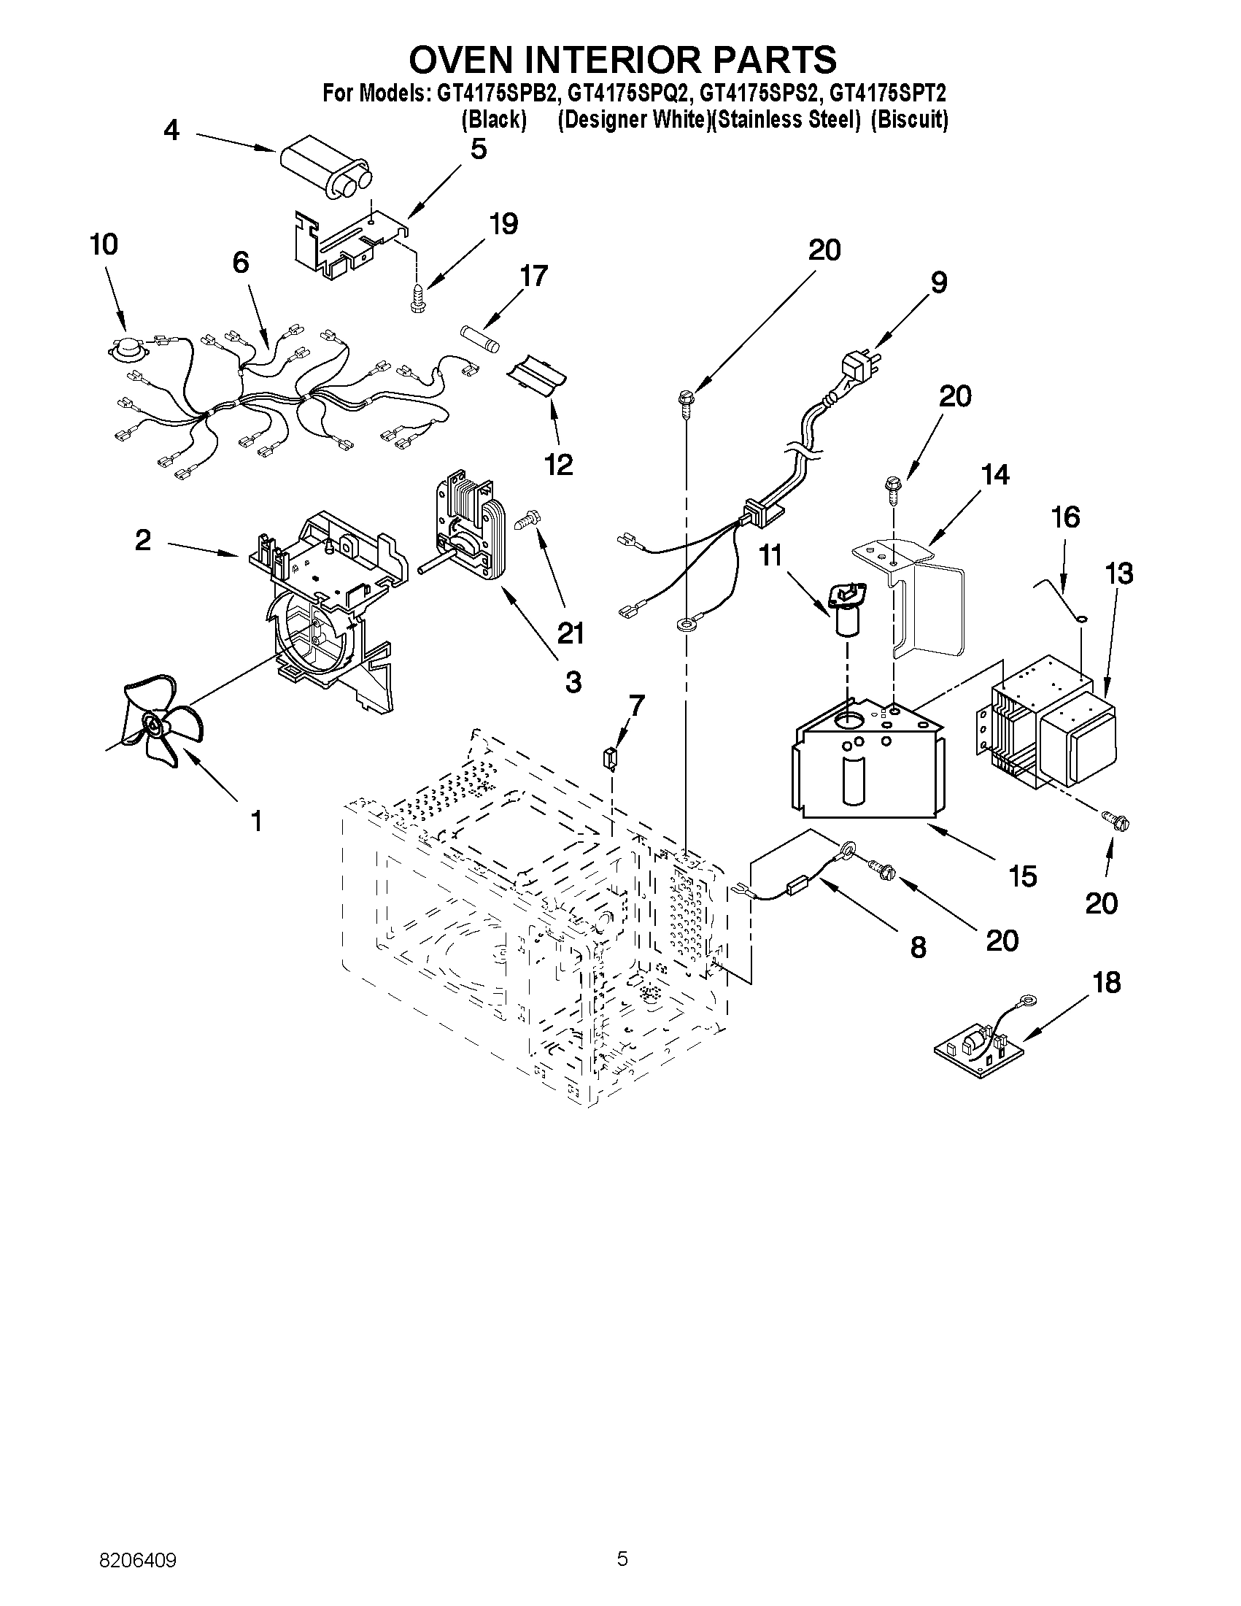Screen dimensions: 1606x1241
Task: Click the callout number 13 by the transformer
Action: [x=1119, y=574]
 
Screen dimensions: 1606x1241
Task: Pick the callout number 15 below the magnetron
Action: [x=1023, y=876]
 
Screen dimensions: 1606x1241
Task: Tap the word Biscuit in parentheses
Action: [x=910, y=120]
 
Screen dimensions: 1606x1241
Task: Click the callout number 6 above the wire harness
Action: [x=241, y=263]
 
